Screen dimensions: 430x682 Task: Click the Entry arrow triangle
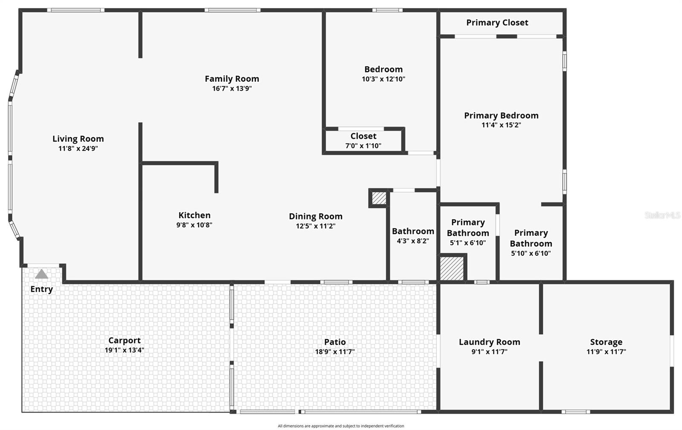point(41,274)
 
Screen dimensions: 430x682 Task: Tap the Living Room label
point(78,139)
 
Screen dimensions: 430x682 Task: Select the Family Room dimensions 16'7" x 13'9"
point(232,89)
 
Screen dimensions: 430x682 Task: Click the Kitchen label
point(194,215)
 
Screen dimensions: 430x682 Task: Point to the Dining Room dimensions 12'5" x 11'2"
point(315,226)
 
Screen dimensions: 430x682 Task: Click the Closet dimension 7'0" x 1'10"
point(363,146)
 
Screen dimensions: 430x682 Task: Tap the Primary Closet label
point(497,23)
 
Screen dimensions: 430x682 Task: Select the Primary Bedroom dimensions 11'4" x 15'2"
point(501,125)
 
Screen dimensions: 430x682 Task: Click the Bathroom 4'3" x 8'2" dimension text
point(413,241)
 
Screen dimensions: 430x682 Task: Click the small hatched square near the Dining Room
point(379,198)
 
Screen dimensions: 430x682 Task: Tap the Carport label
point(124,340)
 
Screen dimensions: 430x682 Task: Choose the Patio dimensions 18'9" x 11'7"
point(335,352)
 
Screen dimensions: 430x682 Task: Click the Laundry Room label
point(489,342)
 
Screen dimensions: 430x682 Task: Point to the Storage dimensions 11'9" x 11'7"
point(606,352)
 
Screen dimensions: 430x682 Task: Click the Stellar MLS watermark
point(662,215)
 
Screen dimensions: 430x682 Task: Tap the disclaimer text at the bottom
point(341,426)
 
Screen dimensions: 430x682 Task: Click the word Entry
point(41,289)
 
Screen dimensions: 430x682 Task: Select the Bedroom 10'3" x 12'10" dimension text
point(383,79)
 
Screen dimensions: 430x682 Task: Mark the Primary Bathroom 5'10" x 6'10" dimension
point(531,253)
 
